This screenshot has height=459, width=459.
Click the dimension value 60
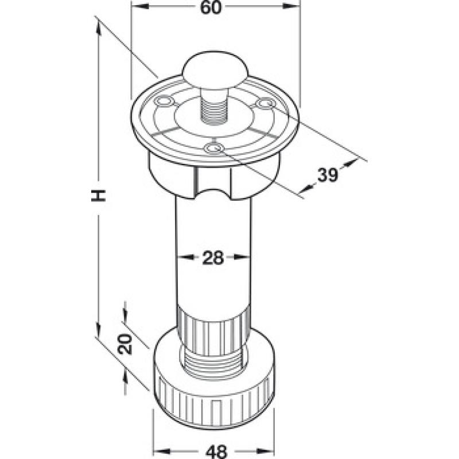pos(211,7)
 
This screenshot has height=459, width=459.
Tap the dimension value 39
pos(328,175)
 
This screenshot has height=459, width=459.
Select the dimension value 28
pos(213,258)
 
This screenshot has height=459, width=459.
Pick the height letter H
pos(98,195)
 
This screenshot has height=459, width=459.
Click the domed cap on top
pos(215,70)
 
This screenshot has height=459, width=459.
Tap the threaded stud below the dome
pos(214,107)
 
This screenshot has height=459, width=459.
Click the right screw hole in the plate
pos(266,103)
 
